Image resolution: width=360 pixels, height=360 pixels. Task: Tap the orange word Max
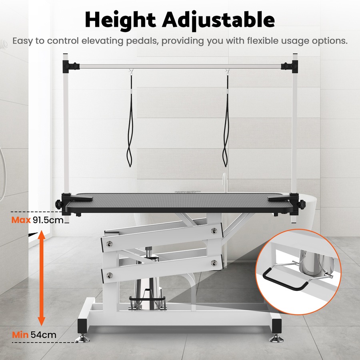point(21,220)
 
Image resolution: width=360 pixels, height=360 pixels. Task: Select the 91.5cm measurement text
point(49,220)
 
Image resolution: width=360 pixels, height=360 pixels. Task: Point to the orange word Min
point(20,335)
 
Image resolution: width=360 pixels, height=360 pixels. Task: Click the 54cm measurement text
point(43,335)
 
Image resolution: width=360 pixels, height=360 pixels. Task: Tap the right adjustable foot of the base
point(276,338)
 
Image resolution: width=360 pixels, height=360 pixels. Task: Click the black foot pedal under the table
point(147,298)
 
